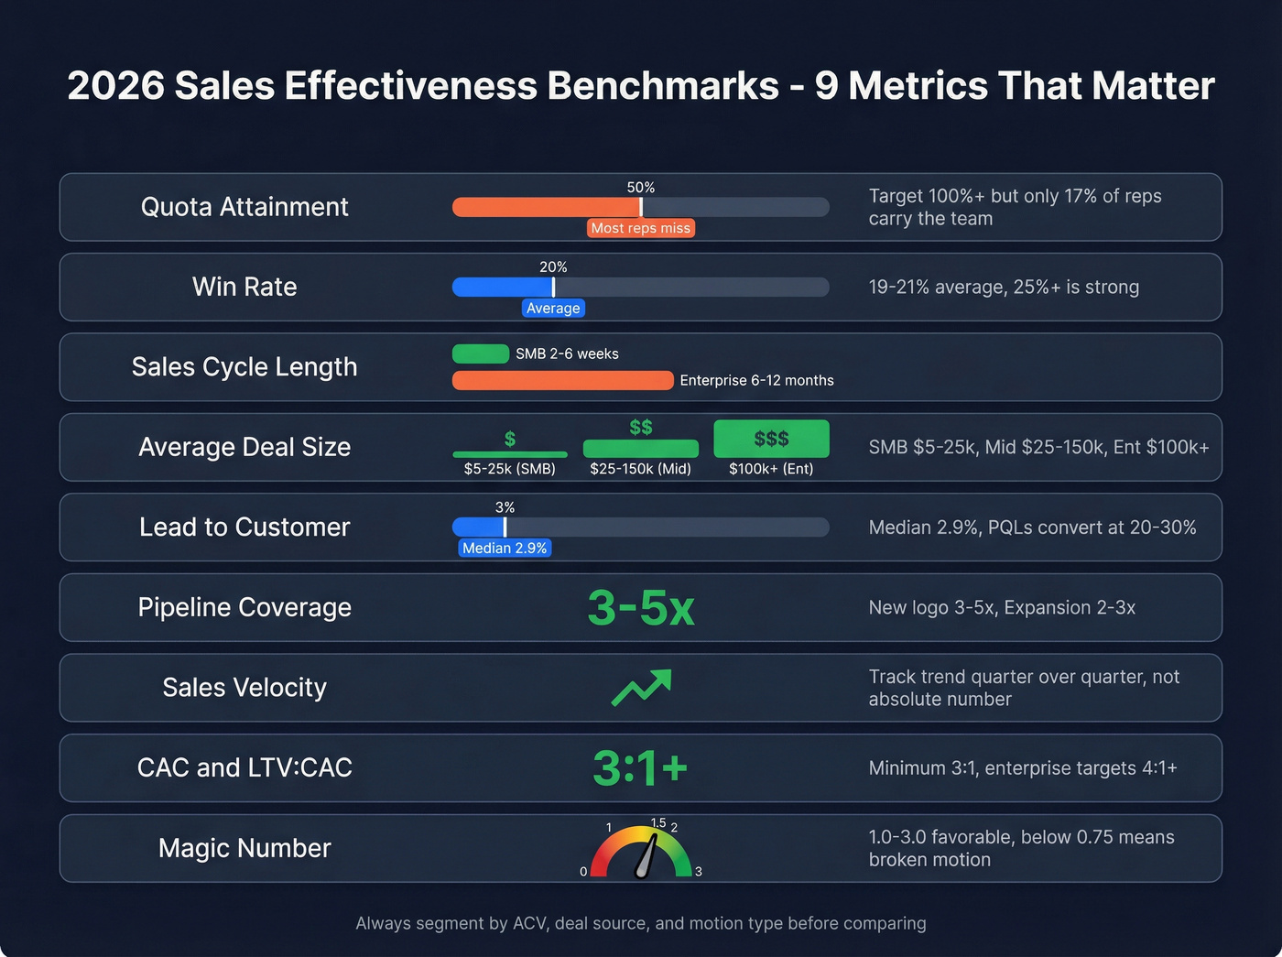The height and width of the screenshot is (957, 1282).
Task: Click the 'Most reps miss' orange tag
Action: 640,228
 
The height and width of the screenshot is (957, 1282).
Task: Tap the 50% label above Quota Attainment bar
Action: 640,187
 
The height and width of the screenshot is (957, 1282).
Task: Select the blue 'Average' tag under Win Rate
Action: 553,309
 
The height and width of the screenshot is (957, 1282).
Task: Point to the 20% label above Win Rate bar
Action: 553,267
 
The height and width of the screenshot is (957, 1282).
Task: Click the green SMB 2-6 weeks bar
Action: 481,353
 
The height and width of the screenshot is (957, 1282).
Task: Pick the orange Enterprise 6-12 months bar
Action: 562,380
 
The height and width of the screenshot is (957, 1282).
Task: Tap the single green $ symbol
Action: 510,440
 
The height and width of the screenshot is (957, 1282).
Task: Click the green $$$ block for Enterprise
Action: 771,439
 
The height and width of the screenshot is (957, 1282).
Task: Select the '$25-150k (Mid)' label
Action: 640,469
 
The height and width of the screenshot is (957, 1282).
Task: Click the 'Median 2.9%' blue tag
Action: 505,549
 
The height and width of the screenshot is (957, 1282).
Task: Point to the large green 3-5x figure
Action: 640,607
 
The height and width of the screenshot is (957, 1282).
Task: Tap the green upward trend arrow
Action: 641,688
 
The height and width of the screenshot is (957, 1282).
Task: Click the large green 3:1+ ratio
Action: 640,767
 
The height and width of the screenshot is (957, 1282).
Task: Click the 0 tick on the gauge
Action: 583,872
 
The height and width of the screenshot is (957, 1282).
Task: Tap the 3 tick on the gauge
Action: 699,872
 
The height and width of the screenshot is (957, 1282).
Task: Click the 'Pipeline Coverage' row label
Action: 244,607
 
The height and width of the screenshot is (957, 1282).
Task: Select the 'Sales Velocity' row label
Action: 244,688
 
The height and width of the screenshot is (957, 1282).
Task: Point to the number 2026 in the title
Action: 115,86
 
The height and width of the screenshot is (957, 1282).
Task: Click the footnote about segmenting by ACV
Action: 640,923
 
